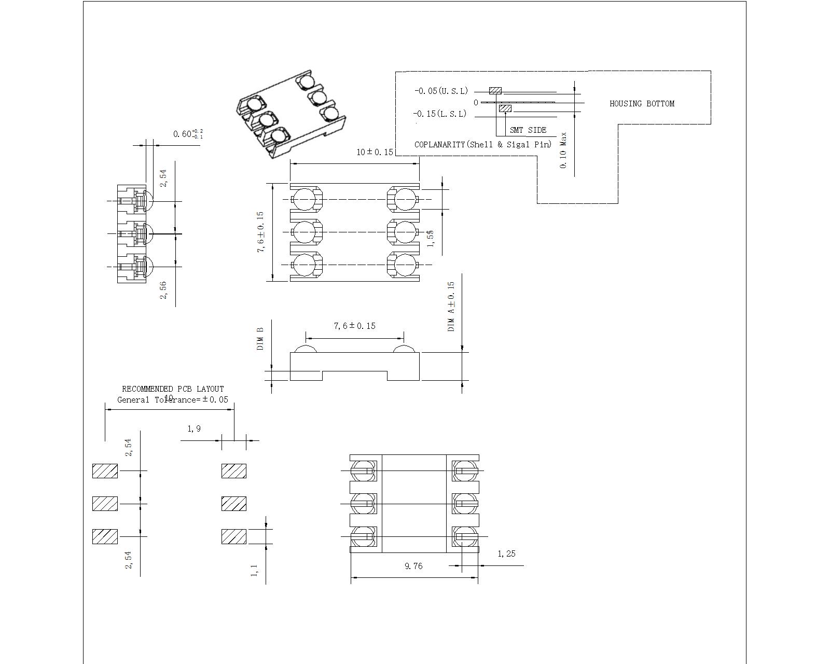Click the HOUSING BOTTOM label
click(642, 104)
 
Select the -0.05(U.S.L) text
click(441, 91)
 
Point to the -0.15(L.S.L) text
click(439, 114)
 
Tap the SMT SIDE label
click(528, 130)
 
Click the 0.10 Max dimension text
click(563, 150)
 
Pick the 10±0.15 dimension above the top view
click(375, 153)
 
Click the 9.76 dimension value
click(413, 566)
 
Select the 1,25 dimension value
click(506, 554)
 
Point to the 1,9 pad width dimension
click(194, 429)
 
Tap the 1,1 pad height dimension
click(254, 571)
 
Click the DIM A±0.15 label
click(451, 307)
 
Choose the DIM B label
click(260, 338)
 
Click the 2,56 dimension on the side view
click(163, 290)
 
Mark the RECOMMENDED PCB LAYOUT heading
click(173, 389)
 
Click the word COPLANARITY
click(439, 145)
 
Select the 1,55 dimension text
click(430, 238)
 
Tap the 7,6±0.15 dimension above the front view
click(354, 326)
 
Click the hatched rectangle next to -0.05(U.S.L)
click(495, 91)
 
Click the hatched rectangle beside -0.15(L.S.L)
click(505, 108)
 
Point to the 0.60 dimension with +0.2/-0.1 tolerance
click(188, 134)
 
